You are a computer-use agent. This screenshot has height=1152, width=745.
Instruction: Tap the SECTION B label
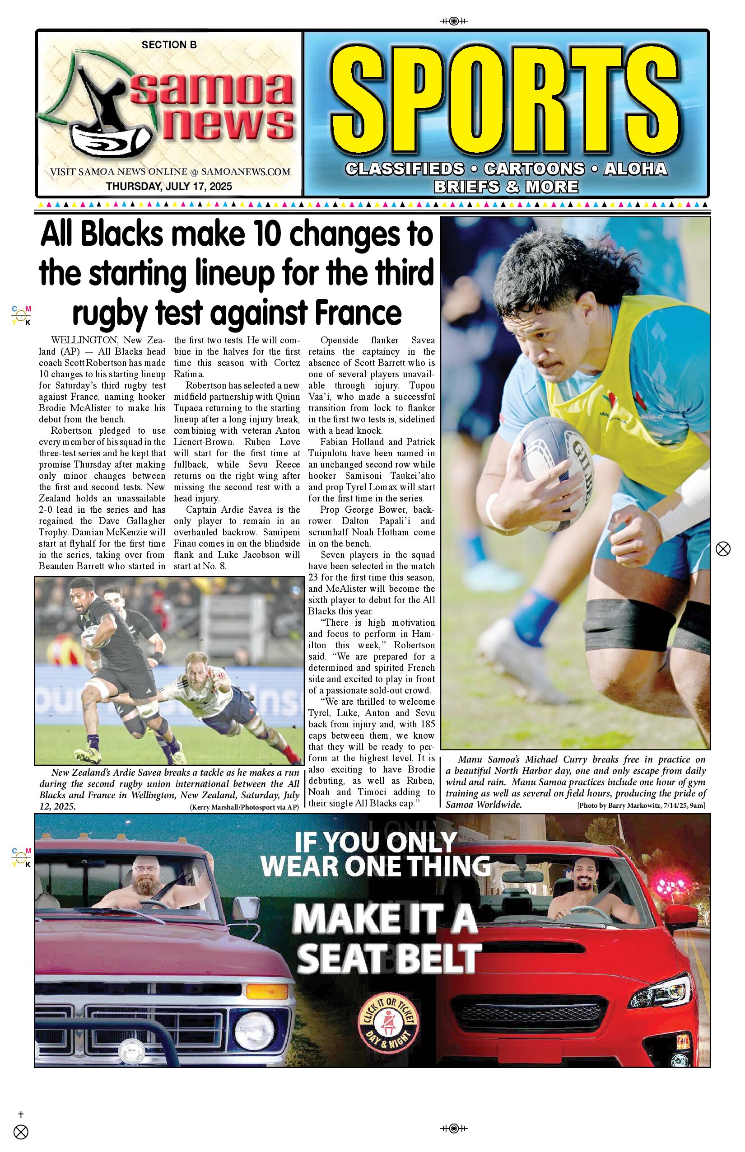click(x=169, y=45)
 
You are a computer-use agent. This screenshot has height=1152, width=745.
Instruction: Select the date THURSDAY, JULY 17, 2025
click(x=169, y=186)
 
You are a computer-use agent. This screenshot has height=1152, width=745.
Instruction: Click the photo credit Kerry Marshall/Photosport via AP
click(x=244, y=807)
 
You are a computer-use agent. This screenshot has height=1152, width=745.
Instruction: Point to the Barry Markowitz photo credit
click(x=641, y=805)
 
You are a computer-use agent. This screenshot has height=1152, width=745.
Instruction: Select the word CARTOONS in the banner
click(x=534, y=169)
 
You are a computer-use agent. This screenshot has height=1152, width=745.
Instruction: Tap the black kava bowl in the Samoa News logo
click(x=111, y=140)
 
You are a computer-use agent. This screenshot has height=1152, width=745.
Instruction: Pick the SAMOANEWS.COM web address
click(x=245, y=172)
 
